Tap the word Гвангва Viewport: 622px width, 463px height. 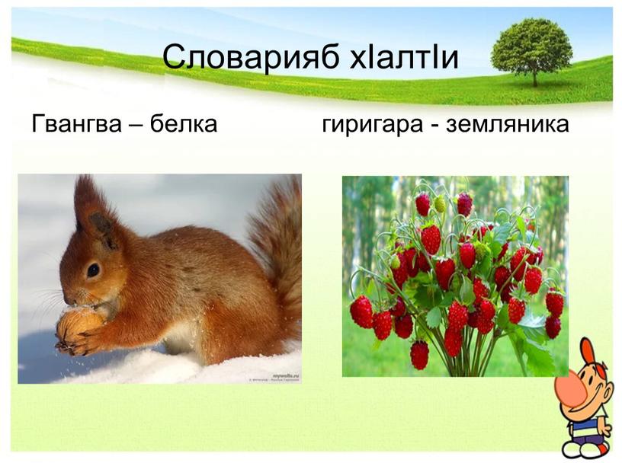[75, 123]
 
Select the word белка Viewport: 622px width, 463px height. [183, 123]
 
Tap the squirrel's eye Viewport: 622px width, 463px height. [93, 270]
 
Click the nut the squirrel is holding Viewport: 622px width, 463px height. [79, 325]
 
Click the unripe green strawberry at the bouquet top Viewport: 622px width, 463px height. [440, 204]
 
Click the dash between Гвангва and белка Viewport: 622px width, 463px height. [136, 125]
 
